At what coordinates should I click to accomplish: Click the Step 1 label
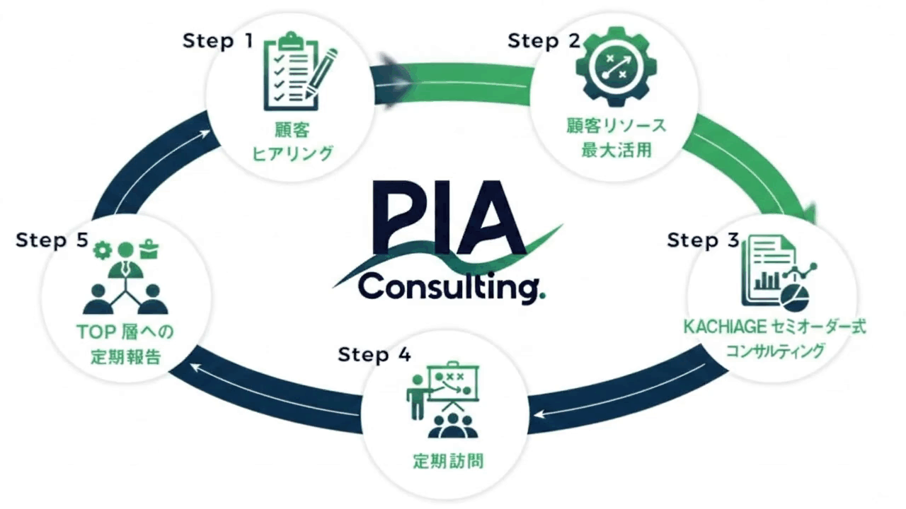(217, 41)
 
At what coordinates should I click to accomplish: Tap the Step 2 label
(543, 41)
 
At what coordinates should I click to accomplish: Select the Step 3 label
(703, 240)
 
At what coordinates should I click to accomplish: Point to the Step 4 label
(374, 354)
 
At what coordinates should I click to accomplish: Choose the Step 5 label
(52, 240)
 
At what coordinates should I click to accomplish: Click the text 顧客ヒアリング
(292, 141)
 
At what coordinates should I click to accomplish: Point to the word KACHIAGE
(719, 328)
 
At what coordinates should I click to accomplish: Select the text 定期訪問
(448, 463)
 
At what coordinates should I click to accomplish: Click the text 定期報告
(125, 356)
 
